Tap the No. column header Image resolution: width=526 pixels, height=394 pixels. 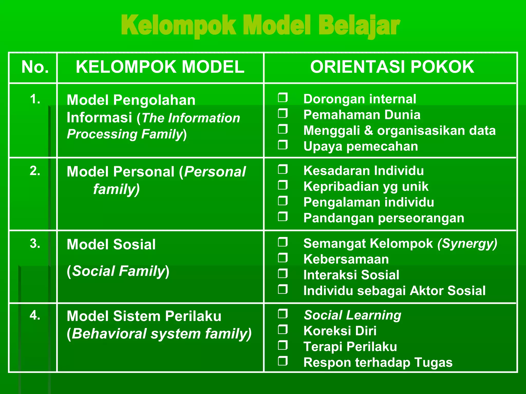click(35, 67)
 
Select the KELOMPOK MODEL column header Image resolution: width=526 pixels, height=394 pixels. click(160, 67)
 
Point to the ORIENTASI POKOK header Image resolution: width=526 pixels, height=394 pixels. click(392, 67)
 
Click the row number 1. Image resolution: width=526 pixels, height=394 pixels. click(35, 99)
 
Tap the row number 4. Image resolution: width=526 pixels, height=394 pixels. click(35, 315)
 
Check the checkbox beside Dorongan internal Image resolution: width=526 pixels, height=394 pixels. click(283, 98)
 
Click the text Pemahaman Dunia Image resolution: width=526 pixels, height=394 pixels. click(362, 115)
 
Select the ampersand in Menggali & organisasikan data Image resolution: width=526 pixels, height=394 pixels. click(368, 130)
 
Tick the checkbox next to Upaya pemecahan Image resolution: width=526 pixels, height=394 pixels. click(283, 145)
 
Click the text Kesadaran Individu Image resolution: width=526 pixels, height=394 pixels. click(363, 171)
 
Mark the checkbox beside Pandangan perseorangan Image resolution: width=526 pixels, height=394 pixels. click(283, 217)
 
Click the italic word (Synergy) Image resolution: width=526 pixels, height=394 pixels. click(467, 244)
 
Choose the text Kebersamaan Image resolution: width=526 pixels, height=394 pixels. click(346, 259)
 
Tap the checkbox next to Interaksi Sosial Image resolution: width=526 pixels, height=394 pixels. click(283, 274)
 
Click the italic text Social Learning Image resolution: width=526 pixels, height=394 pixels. click(352, 315)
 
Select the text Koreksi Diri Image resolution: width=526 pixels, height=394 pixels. click(340, 331)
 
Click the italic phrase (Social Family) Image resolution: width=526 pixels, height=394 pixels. click(118, 271)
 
